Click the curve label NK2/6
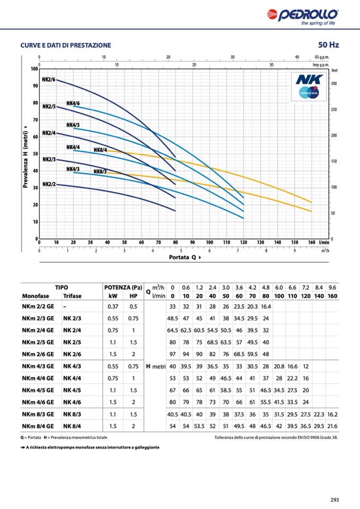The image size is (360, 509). (x=49, y=80)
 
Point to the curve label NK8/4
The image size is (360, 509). (x=100, y=150)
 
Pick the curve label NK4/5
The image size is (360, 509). (x=73, y=125)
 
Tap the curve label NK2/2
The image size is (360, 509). (x=49, y=184)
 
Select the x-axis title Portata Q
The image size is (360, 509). (x=182, y=257)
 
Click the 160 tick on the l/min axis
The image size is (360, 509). (x=311, y=243)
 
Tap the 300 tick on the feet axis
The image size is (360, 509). (x=335, y=84)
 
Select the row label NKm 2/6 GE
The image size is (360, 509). (x=38, y=354)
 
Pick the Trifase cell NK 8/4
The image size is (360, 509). (x=73, y=426)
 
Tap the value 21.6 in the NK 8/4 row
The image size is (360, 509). (x=332, y=426)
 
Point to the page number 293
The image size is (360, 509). (x=335, y=499)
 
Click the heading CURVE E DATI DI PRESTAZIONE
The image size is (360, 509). (x=65, y=46)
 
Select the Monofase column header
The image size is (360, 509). (x=36, y=296)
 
